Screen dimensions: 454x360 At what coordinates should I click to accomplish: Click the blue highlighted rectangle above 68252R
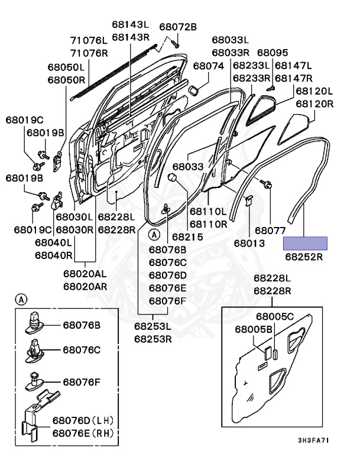click(x=306, y=243)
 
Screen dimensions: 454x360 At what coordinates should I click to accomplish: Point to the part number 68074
click(x=208, y=66)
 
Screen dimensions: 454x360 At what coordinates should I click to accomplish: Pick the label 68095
click(x=273, y=53)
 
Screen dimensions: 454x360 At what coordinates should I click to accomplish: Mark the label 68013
click(x=249, y=242)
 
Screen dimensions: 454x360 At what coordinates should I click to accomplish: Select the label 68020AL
click(x=85, y=274)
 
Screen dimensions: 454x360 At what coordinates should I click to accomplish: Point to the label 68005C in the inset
click(x=274, y=316)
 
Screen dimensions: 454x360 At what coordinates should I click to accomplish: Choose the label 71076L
click(x=89, y=40)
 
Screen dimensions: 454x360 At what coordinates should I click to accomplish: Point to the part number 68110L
click(x=207, y=211)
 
